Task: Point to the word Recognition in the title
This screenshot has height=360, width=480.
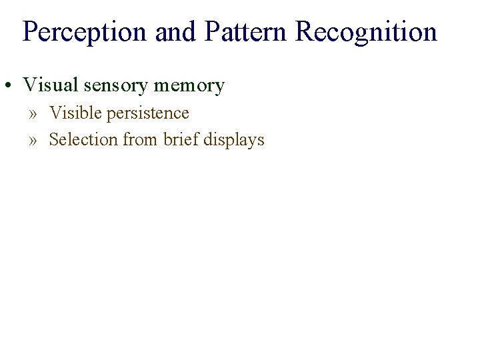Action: pos(366,32)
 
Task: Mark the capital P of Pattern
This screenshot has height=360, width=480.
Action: pos(213,32)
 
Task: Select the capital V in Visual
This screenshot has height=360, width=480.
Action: pos(29,85)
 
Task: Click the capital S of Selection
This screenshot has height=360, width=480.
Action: pos(54,140)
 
